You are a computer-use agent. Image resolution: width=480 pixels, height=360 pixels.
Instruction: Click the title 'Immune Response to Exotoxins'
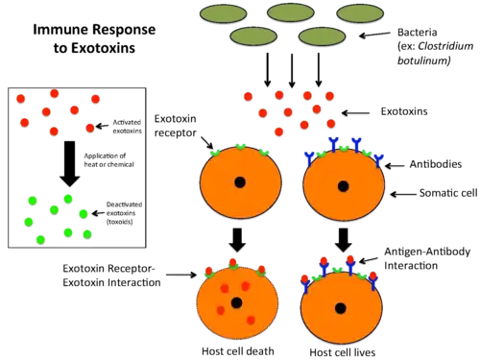click(94, 38)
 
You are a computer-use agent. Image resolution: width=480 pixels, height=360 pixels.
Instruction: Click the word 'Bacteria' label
click(417, 33)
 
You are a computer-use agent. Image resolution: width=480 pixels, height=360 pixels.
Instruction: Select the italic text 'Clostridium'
click(445, 46)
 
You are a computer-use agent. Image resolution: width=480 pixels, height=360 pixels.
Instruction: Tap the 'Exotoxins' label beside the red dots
click(404, 111)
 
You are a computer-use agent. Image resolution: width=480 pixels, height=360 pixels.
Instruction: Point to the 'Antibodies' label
click(436, 164)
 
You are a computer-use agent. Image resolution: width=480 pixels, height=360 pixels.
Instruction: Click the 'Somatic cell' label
click(448, 193)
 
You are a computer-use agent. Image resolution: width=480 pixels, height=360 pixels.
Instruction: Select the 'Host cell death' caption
click(238, 351)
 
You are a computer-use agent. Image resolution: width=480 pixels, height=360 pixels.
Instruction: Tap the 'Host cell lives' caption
click(343, 352)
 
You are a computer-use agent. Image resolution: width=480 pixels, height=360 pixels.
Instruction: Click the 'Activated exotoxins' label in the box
click(127, 127)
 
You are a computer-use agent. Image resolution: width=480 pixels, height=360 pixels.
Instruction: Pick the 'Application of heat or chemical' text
click(108, 160)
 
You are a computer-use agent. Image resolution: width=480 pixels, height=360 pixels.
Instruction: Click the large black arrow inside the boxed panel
click(70, 164)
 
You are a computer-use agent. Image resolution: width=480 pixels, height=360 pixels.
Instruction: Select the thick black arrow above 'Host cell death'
click(237, 240)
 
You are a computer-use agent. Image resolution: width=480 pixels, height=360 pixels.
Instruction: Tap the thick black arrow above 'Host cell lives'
click(344, 240)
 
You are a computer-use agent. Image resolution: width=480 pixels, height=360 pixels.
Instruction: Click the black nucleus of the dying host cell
click(237, 302)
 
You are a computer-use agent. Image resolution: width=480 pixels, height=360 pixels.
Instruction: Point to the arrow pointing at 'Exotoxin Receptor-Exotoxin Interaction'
click(181, 275)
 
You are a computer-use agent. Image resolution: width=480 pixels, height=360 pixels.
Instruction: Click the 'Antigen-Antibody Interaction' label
click(427, 258)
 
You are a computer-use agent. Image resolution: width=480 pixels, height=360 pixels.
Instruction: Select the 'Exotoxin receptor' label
click(176, 126)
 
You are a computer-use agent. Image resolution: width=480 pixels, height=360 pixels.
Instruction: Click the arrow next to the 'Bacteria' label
click(374, 35)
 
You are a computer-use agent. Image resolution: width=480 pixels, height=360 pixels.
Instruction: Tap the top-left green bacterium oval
click(224, 13)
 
